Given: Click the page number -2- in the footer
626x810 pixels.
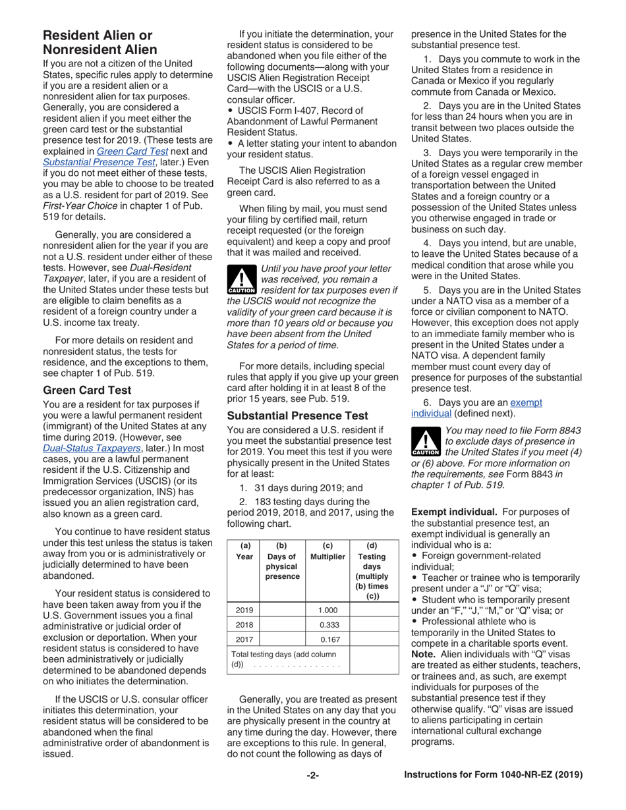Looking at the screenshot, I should [x=312, y=775].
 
